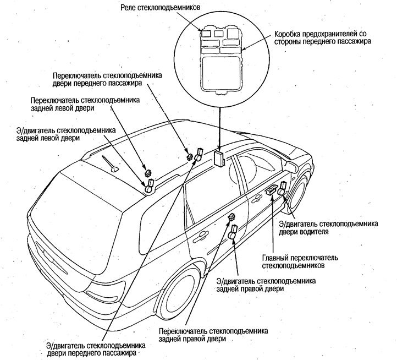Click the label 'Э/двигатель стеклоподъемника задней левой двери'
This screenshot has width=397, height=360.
[67, 134]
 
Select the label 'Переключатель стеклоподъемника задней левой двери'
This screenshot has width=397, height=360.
[85, 105]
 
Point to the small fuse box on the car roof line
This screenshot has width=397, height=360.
[219, 159]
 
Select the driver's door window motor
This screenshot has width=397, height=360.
[283, 189]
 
